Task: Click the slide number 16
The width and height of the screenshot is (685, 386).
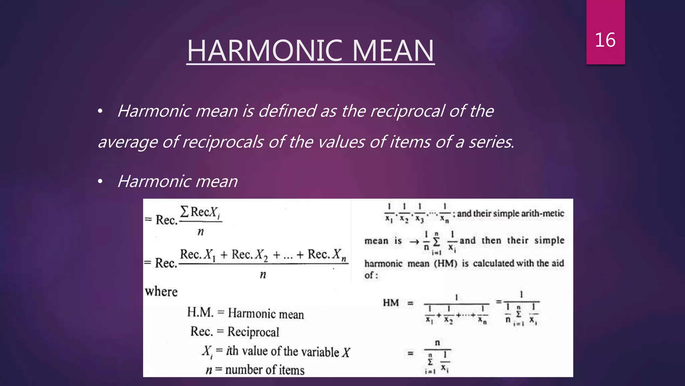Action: point(605,40)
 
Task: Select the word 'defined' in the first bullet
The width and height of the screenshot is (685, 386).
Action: point(287,111)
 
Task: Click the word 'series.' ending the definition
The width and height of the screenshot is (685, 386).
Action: point(491,142)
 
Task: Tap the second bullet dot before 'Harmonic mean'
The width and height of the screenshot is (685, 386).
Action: point(100,182)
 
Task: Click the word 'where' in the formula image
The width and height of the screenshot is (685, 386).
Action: point(161,292)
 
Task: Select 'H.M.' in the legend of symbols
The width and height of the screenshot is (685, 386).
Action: point(200,312)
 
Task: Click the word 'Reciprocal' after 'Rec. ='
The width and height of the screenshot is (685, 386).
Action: point(253,332)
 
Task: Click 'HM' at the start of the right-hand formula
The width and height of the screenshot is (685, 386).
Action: point(391,303)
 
